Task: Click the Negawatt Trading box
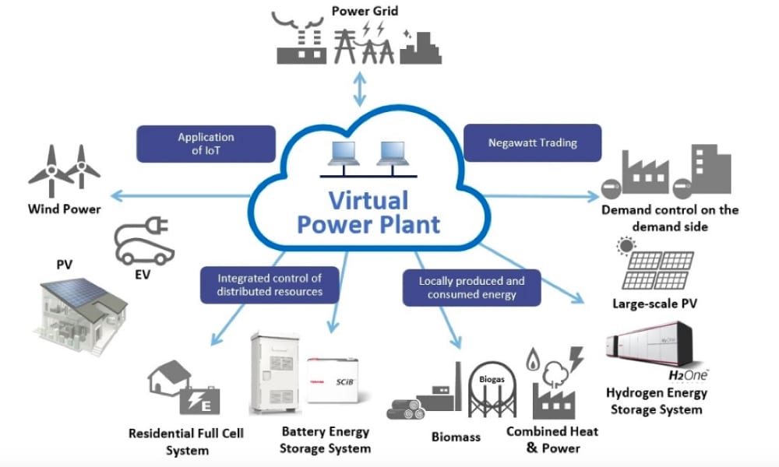click(x=532, y=143)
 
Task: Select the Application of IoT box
click(x=206, y=144)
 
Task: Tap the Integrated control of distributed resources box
click(x=270, y=285)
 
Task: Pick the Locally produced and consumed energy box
click(x=471, y=288)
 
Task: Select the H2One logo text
click(x=689, y=376)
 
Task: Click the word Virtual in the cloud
click(x=368, y=201)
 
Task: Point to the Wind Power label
click(x=65, y=209)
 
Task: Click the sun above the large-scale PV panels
click(x=626, y=246)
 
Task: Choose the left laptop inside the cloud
click(x=344, y=153)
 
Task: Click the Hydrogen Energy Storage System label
click(x=657, y=401)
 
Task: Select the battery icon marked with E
click(x=199, y=401)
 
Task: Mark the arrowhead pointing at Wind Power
click(x=116, y=195)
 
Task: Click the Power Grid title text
click(x=365, y=11)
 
